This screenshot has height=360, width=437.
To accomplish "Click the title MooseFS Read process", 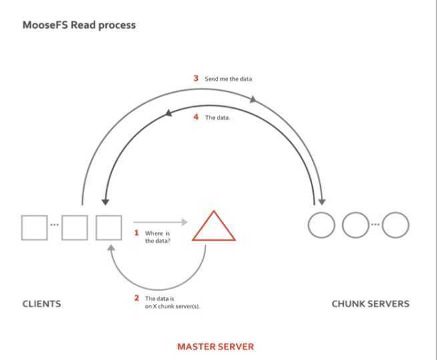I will tap(79, 25).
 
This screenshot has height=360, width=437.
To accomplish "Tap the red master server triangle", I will tap(213, 227).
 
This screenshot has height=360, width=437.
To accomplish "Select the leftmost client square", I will tap(34, 227).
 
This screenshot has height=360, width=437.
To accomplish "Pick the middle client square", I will tap(75, 227).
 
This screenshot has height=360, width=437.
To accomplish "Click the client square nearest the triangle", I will tap(109, 227).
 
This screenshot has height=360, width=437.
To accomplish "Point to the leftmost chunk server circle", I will tap(321, 225).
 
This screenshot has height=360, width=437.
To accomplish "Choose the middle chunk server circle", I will tap(355, 225).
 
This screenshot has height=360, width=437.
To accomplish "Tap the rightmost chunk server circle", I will tap(395, 225).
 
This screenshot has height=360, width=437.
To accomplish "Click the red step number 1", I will tap(136, 233).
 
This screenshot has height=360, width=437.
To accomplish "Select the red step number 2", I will tap(136, 298).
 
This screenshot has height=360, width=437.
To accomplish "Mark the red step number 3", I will tap(196, 78).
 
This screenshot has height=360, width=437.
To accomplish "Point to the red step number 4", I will tap(196, 117).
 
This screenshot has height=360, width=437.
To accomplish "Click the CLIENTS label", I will tap(41, 304).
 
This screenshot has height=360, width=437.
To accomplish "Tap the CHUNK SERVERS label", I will tap(370, 304).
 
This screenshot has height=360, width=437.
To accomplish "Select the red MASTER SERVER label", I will tap(215, 347).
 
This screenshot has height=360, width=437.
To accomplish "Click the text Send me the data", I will tap(228, 79).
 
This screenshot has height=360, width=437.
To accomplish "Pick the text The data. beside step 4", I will tap(217, 117).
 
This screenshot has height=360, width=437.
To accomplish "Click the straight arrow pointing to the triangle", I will tap(160, 222).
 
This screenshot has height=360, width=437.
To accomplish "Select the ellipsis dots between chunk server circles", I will tap(375, 224).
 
